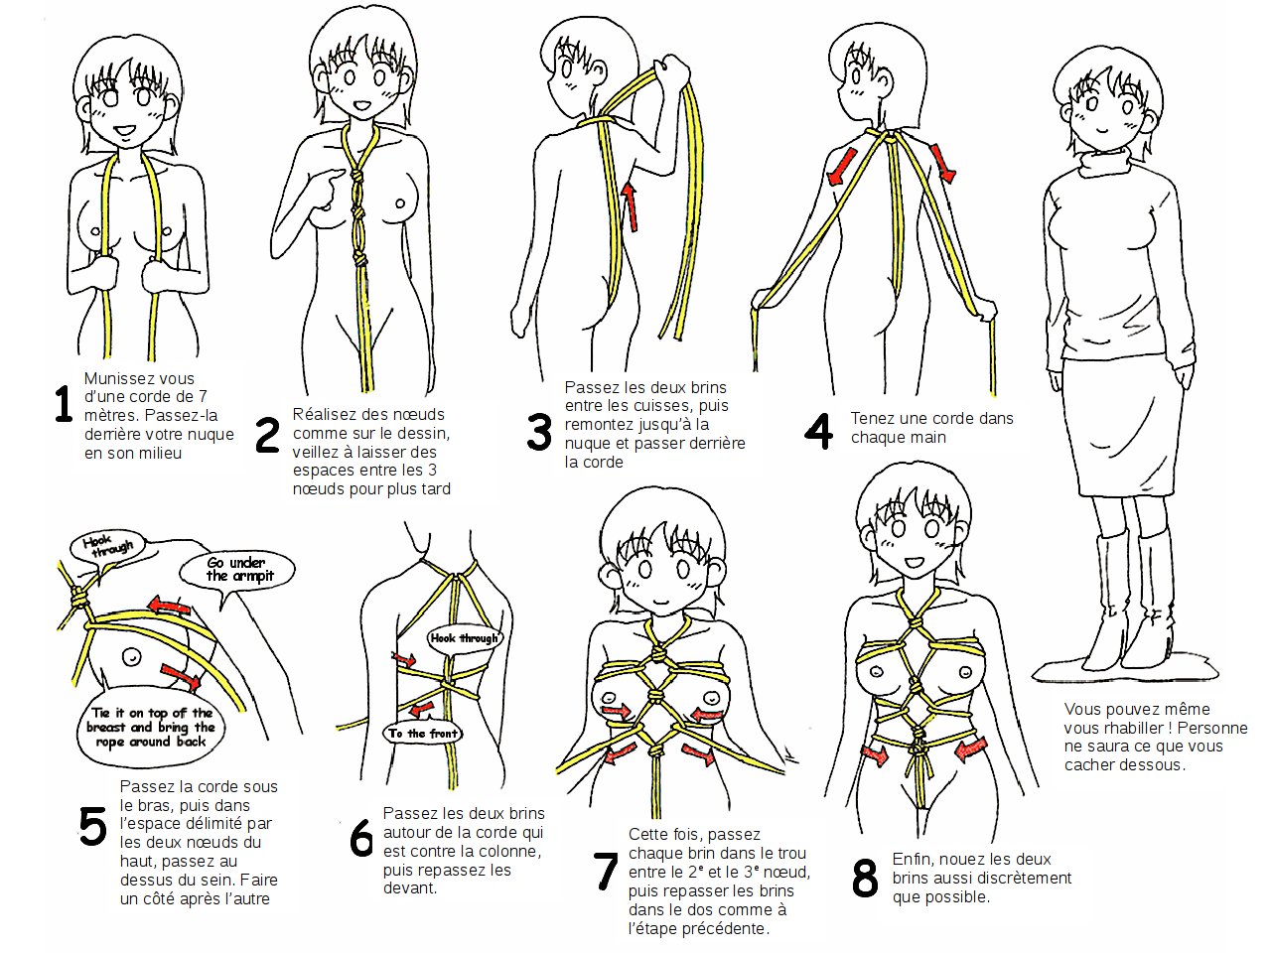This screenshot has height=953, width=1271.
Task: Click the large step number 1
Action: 63,404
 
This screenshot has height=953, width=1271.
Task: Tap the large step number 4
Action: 819,431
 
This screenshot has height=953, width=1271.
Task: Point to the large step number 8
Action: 865,878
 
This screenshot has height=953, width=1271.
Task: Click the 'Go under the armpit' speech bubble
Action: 237,570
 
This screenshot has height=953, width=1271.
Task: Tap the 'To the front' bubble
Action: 424,734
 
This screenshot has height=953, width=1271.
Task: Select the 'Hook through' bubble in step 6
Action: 465,638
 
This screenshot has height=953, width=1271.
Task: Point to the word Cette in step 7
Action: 648,835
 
